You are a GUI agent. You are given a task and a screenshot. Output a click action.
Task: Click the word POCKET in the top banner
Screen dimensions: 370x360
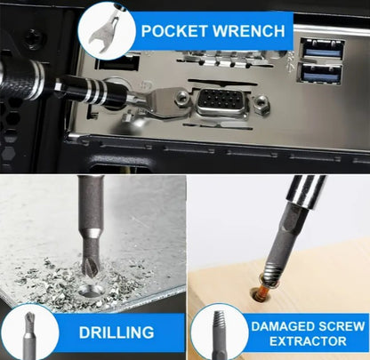174,31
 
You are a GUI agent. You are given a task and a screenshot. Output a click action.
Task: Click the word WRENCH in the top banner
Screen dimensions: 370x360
249,31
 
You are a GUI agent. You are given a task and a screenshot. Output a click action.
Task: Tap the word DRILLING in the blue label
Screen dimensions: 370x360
117,332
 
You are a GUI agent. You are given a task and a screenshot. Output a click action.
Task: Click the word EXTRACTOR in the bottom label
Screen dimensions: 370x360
308,341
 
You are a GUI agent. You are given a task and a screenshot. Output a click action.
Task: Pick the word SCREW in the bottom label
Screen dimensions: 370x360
341,326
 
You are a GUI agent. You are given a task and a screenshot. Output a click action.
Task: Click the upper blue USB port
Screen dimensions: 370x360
323,50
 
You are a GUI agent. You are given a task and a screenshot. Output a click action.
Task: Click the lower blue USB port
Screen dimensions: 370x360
320,73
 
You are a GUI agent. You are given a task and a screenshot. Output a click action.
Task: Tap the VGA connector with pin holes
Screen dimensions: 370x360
222,102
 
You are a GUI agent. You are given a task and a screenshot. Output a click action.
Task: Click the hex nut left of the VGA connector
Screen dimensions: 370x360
182,97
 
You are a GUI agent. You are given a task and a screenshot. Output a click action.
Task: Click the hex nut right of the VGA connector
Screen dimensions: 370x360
260,103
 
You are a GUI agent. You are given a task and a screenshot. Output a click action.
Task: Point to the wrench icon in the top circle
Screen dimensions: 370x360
104,32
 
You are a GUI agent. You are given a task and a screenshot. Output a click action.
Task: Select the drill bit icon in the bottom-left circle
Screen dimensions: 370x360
29,333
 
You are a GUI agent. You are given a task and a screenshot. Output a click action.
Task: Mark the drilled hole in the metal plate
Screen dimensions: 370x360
92,291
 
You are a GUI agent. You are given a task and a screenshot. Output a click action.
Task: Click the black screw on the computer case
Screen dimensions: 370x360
35,37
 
